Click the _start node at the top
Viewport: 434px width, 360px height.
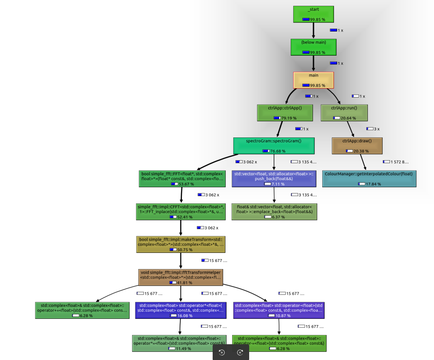coord(313,14)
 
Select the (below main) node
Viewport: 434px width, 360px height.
coord(313,47)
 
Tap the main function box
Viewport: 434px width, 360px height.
coord(313,80)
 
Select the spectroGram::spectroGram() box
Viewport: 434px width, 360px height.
coord(274,146)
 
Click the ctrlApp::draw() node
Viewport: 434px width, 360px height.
coord(357,146)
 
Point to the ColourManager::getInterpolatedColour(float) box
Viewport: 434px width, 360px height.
coord(369,179)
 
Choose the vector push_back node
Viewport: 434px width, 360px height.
coord(274,179)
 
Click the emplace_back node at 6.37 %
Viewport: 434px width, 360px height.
coord(274,211)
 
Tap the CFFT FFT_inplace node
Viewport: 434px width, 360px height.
coord(181,211)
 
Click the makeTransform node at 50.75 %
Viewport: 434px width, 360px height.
coord(181,244)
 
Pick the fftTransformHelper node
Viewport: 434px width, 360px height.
coord(181,277)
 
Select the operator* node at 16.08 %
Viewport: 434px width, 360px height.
coord(181,310)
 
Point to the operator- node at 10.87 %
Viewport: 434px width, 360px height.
coord(279,310)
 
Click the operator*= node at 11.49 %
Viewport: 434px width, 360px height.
coord(179,343)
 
